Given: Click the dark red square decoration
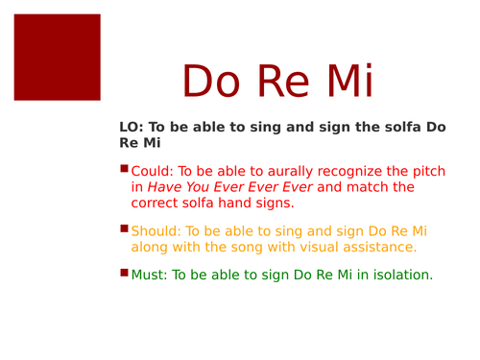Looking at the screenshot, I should (57, 57).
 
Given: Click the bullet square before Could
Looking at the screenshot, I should (124, 169).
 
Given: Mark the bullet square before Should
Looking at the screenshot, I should (124, 228).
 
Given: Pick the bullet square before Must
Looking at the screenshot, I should (124, 273).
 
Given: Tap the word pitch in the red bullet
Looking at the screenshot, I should (428, 172).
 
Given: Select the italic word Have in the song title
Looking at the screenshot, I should (166, 187).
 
